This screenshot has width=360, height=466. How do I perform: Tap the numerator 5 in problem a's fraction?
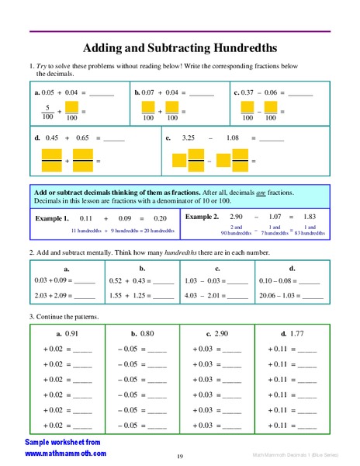coord(48,107)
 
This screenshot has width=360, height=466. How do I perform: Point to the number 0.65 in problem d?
coord(83,138)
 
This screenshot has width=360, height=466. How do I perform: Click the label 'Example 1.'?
coord(52,218)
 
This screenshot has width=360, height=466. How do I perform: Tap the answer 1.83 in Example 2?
coord(310,217)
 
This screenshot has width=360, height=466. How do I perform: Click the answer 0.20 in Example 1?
coord(160,218)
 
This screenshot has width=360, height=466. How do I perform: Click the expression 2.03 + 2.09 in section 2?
coord(50,295)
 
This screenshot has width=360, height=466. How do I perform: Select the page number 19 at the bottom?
coord(180,456)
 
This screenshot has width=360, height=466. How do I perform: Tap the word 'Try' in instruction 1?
coord(42,67)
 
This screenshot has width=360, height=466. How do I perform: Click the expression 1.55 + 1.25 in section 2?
coord(128,295)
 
